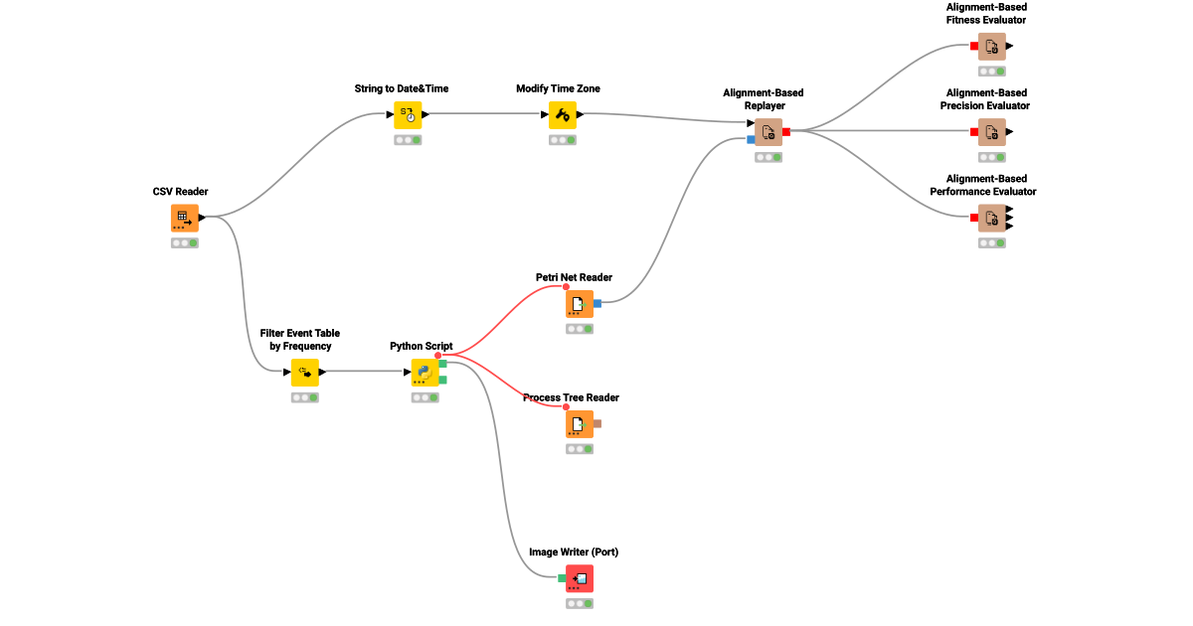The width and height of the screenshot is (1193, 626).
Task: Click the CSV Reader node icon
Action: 184,218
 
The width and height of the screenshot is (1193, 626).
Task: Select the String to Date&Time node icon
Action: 408,114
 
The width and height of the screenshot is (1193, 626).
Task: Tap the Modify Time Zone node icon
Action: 563,114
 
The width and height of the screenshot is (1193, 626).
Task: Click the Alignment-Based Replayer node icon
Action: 768,131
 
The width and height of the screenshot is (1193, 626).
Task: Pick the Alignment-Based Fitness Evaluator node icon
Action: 991,46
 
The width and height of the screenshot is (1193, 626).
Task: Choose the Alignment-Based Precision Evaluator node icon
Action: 991,131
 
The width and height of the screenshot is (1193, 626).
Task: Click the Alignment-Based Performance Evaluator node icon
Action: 991,218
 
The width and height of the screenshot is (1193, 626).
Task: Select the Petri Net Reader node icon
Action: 580,303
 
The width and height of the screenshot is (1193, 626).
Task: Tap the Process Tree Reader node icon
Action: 580,424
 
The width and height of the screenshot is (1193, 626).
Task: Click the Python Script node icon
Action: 426,373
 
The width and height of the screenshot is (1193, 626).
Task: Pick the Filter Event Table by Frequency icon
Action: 304,373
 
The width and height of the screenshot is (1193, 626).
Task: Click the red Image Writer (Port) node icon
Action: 580,578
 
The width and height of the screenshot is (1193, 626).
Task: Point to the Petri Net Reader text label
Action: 574,277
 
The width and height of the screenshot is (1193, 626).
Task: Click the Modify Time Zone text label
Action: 558,88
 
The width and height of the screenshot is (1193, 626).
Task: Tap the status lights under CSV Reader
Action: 184,242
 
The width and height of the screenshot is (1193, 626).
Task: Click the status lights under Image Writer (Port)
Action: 580,603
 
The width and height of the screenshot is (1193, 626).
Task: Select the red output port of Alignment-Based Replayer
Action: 786,131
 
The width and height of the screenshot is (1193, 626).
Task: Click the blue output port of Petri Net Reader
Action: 597,303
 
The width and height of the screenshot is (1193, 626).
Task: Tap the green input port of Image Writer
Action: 562,578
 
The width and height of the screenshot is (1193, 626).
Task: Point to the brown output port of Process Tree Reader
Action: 597,424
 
